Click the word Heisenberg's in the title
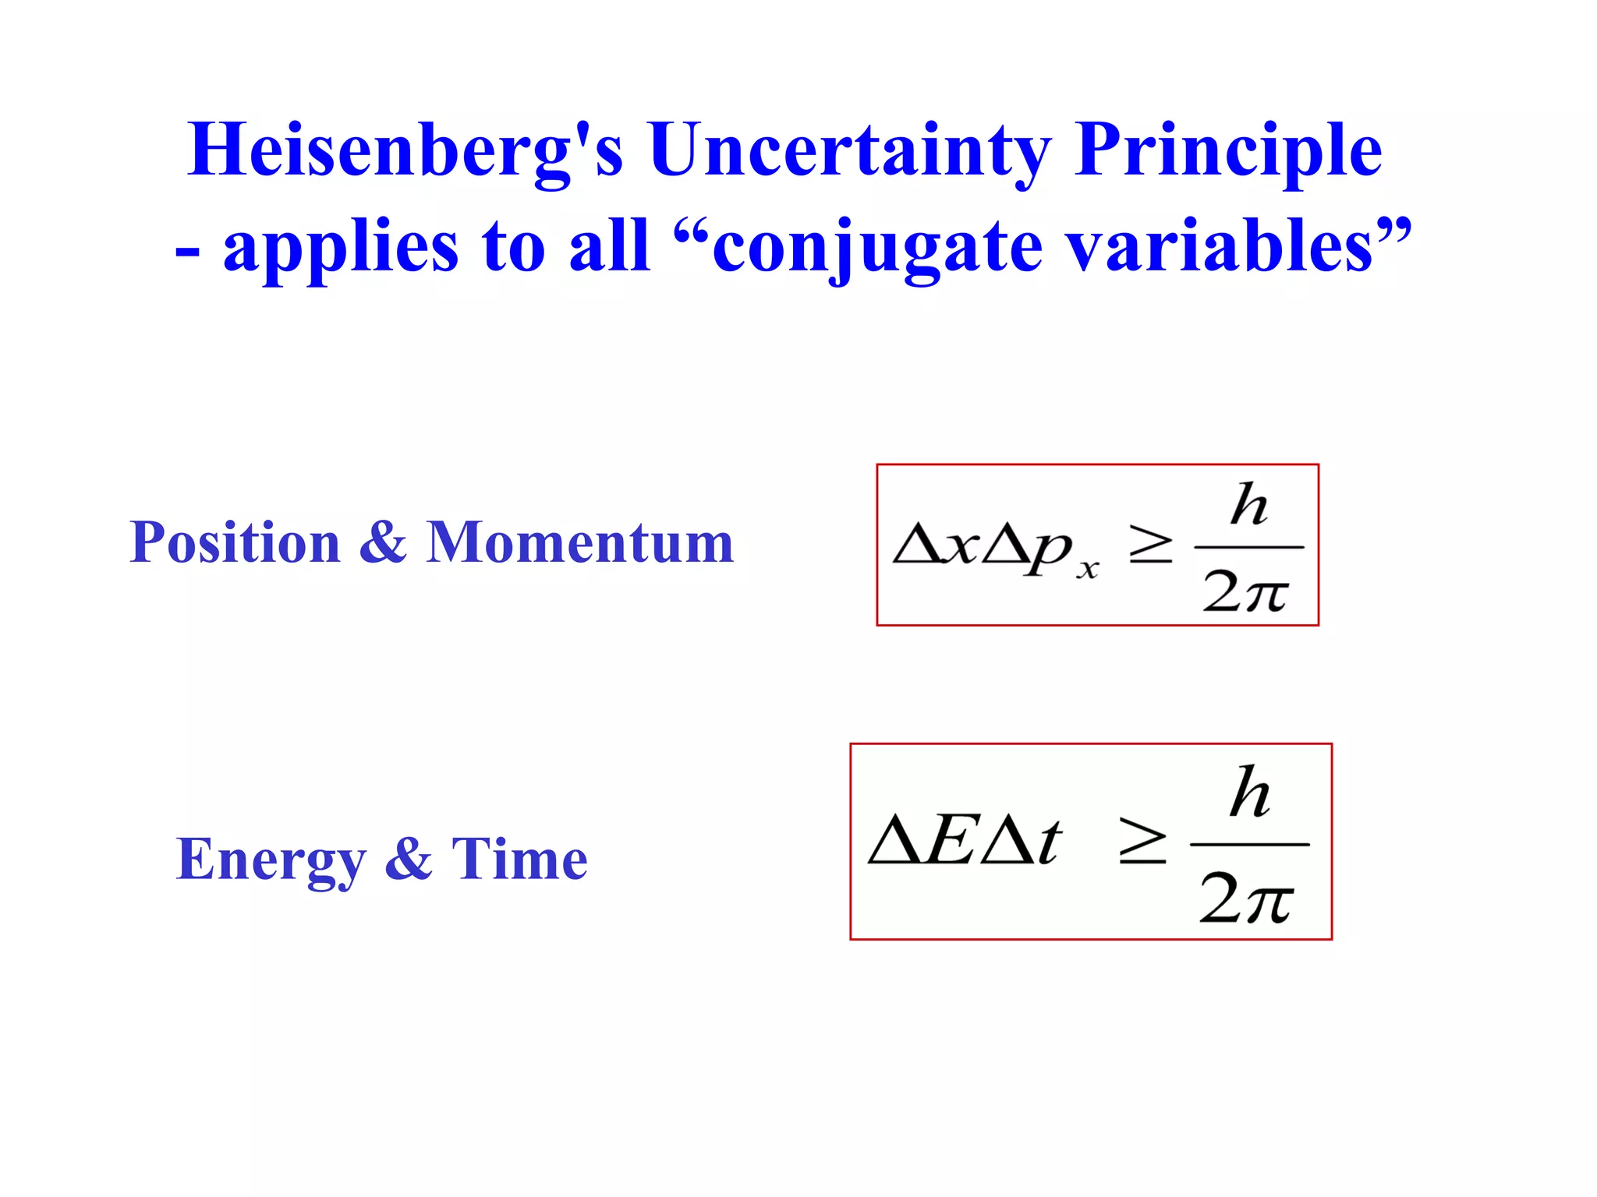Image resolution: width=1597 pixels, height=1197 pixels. (x=405, y=150)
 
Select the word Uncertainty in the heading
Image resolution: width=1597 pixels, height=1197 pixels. (x=850, y=150)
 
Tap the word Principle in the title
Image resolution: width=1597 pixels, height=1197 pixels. (x=1227, y=150)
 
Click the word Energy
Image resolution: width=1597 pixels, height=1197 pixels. (x=271, y=859)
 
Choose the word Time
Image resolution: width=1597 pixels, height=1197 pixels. (x=519, y=859)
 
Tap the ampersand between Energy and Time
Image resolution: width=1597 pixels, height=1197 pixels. (x=408, y=859)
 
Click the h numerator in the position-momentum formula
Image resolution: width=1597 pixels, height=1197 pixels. (x=1248, y=505)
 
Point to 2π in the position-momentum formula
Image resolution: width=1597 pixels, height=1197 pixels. (x=1245, y=592)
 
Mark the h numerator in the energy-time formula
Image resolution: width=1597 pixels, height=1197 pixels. (x=1250, y=793)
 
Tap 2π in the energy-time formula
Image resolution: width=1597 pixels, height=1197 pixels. (x=1246, y=898)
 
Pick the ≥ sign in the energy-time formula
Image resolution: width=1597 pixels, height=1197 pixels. (x=1142, y=842)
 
